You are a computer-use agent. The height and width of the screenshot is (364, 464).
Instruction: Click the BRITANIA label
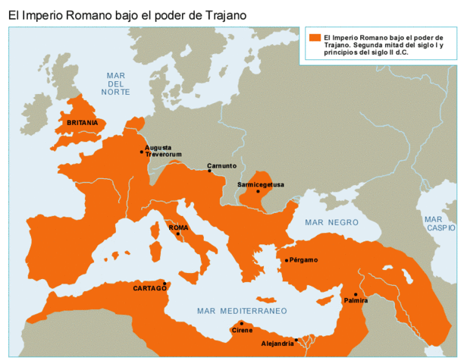tap(82, 122)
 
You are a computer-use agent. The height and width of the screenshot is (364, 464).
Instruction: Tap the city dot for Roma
tap(178, 234)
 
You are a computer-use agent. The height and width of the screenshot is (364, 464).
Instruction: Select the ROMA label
tap(178, 227)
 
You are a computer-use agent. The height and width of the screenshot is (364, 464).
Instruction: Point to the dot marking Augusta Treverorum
tap(142, 152)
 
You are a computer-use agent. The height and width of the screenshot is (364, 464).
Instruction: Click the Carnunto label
tap(221, 165)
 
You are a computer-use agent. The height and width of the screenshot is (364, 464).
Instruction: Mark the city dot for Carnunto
tap(210, 171)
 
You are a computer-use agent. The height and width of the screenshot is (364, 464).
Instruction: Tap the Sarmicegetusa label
tap(260, 184)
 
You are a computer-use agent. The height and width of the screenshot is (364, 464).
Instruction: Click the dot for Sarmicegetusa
tap(258, 191)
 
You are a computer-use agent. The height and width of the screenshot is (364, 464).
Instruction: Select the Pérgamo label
tap(303, 260)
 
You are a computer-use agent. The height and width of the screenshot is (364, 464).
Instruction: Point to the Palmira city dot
tap(355, 294)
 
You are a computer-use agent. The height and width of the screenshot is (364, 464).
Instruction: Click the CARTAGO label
tap(149, 288)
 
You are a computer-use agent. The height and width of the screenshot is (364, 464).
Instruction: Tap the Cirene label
tap(242, 331)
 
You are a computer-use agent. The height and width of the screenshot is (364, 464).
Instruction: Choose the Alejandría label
tap(277, 344)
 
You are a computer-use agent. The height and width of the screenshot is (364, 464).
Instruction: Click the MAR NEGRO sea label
tap(331, 222)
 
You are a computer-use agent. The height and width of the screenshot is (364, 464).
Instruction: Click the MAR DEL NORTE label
tap(115, 83)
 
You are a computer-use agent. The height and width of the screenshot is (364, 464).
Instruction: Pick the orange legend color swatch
tap(314, 36)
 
